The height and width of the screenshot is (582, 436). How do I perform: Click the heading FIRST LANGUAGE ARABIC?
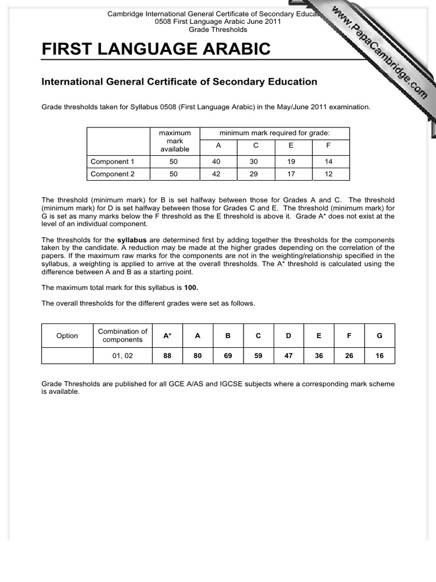click(156, 49)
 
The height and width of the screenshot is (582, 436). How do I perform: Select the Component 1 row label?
click(112, 161)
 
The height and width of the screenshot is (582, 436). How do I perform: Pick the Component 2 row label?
click(112, 174)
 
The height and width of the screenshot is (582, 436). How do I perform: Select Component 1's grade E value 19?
click(291, 161)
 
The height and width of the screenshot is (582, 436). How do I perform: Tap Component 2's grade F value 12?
click(329, 174)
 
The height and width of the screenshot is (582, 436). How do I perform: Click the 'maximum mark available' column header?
click(174, 141)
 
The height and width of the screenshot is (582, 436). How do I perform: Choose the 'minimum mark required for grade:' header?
click(275, 133)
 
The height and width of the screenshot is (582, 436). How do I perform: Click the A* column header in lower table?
click(167, 336)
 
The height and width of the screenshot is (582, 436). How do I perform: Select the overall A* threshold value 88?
click(167, 356)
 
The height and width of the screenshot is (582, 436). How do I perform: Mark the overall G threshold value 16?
click(379, 356)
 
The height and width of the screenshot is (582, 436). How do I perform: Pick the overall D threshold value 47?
click(288, 356)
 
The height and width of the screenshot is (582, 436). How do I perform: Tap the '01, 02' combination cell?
click(123, 356)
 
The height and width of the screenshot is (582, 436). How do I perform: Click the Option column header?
click(67, 336)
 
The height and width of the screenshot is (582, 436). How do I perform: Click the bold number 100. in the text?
click(191, 288)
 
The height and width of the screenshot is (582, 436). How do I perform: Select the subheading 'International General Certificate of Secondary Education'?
click(179, 82)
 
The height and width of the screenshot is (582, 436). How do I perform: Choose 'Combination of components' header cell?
click(123, 335)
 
